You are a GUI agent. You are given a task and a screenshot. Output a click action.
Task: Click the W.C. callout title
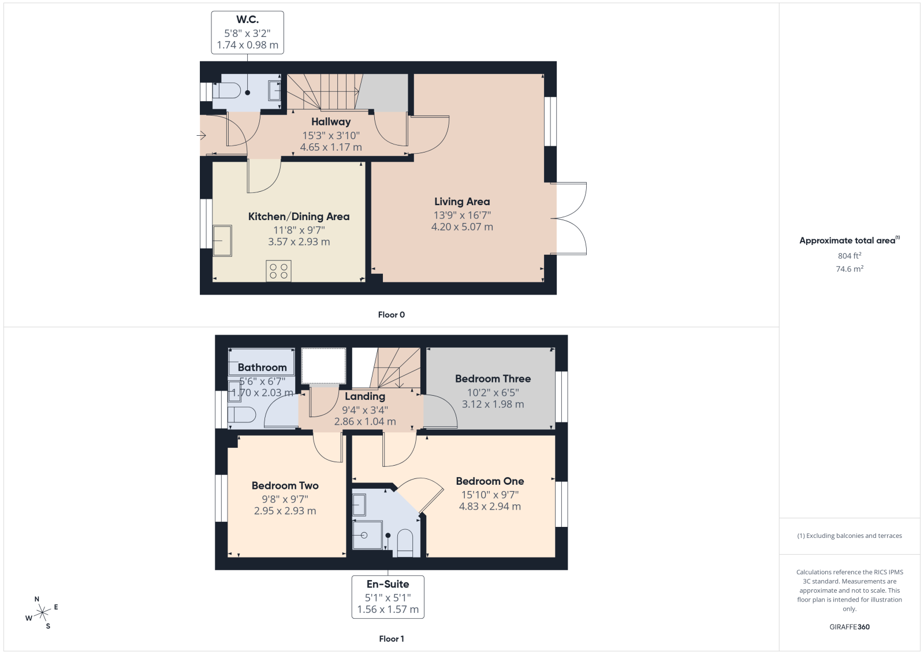click(248, 20)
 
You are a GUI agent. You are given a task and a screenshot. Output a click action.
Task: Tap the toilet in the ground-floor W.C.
click(226, 91)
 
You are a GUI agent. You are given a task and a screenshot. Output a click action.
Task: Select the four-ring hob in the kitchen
click(278, 271)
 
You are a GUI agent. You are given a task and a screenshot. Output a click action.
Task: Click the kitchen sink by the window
click(222, 240)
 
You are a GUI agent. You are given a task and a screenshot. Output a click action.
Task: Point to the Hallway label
click(331, 122)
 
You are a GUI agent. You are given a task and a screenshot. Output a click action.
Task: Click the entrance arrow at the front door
click(202, 135)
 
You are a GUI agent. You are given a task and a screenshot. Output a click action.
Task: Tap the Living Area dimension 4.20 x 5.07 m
click(462, 227)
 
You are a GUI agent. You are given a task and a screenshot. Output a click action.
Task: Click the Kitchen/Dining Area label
click(299, 217)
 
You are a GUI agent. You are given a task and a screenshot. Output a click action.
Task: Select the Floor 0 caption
click(392, 315)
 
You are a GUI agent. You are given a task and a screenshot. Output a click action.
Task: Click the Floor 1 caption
click(392, 639)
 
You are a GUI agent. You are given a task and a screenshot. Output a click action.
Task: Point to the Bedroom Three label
click(493, 379)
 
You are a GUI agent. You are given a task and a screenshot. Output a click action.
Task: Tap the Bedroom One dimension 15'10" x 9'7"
click(490, 495)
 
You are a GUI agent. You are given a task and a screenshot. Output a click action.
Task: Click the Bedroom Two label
click(285, 486)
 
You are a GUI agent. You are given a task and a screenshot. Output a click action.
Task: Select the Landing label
click(365, 396)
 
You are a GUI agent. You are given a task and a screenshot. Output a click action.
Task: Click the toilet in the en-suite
click(405, 543)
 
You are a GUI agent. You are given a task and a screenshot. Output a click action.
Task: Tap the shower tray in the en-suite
click(367, 535)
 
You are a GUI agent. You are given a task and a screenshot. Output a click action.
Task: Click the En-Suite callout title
click(388, 584)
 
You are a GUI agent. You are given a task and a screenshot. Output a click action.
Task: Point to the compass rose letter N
click(37, 599)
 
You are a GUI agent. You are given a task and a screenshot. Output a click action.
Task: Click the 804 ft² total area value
click(850, 256)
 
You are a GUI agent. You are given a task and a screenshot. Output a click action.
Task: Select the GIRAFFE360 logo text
click(850, 627)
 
